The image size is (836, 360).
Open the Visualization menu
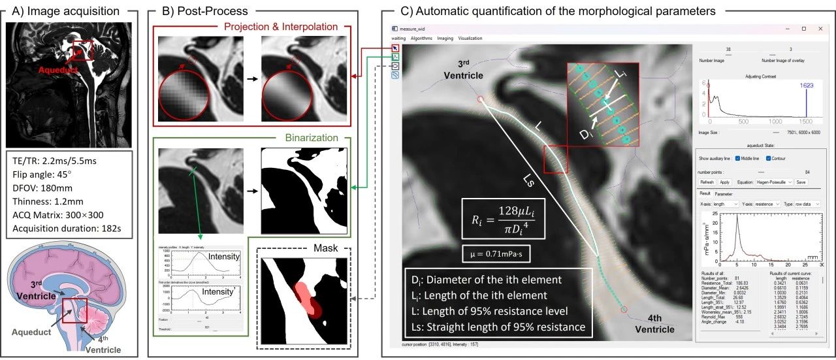pyautogui.click(x=470, y=39)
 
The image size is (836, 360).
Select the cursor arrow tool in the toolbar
pyautogui.click(x=395, y=48)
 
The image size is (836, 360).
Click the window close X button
pyautogui.click(x=820, y=29)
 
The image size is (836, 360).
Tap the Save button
pyautogui.click(x=801, y=182)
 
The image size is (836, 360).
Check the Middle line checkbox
pyautogui.click(x=738, y=159)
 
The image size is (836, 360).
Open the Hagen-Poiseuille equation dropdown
pyautogui.click(x=776, y=182)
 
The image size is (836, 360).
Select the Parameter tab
pyautogui.click(x=723, y=193)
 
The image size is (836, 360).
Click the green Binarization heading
pyautogui.click(x=312, y=139)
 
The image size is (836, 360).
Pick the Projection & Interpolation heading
pyautogui.click(x=280, y=27)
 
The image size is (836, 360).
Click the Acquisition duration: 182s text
pyautogui.click(x=70, y=229)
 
